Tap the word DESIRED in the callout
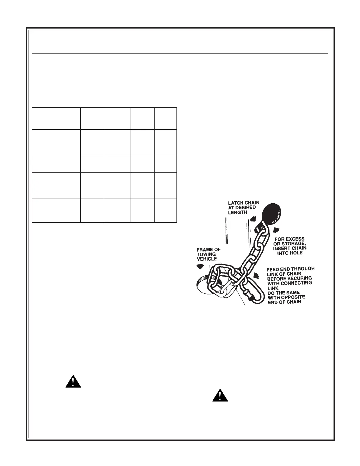(246, 208)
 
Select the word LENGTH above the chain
(238, 212)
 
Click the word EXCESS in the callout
(294, 239)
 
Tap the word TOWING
(206, 254)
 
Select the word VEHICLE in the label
(207, 259)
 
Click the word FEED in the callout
(273, 269)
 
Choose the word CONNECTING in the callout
(297, 283)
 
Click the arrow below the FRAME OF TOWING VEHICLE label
(200, 266)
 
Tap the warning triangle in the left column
(73, 382)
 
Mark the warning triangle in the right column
(220, 395)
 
